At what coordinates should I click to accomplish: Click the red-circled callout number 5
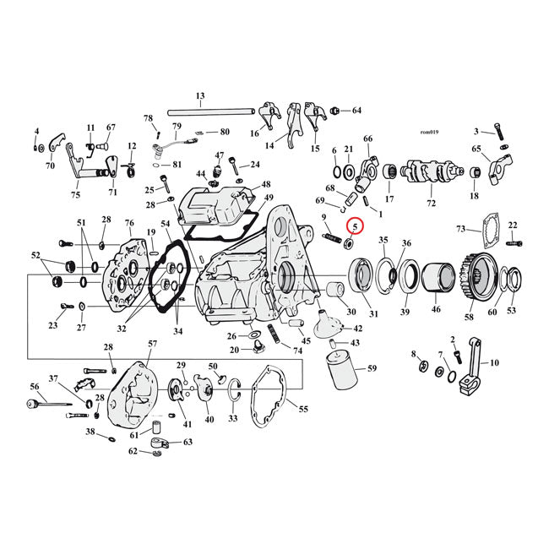click(x=355, y=226)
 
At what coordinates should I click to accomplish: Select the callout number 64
click(x=356, y=111)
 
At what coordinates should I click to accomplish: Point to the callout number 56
click(x=35, y=386)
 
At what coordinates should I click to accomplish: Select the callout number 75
click(x=75, y=195)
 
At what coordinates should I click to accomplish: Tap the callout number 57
click(x=152, y=344)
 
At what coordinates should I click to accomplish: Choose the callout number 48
click(x=266, y=184)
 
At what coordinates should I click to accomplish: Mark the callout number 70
click(x=50, y=166)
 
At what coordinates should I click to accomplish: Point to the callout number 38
click(x=89, y=432)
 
